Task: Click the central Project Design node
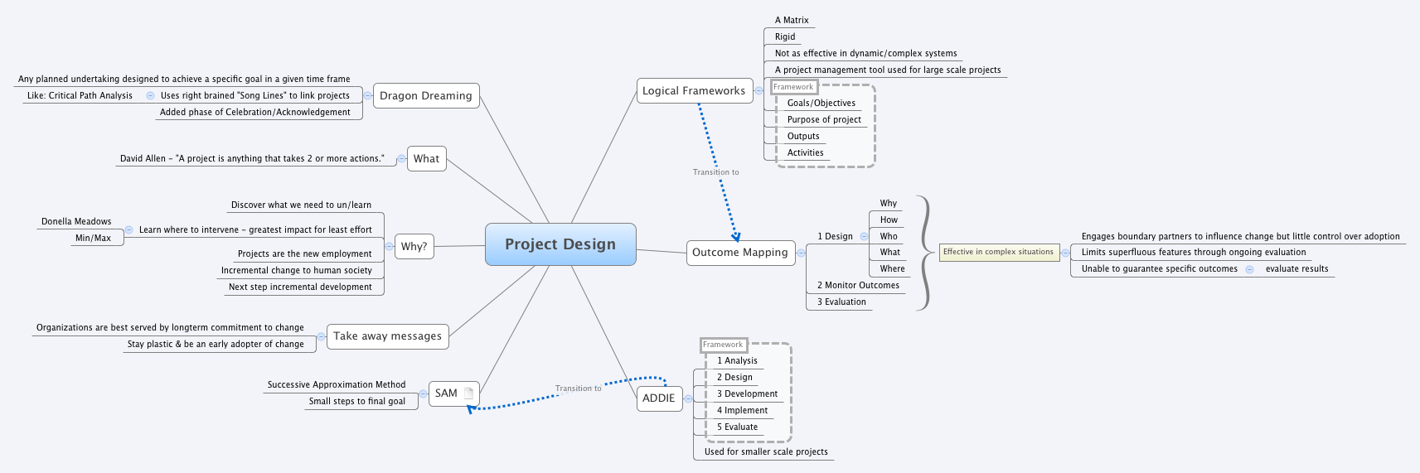coord(560,244)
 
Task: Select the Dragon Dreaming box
coord(425,95)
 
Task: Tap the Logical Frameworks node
coord(694,90)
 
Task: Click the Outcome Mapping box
coord(739,253)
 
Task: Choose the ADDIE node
coord(658,398)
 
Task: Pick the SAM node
coord(446,393)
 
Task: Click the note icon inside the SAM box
coord(468,393)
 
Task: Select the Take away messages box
coord(387,336)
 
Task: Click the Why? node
coord(414,246)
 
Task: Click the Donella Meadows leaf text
coord(76,221)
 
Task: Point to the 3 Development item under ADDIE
coord(747,393)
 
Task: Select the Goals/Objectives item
coord(821,103)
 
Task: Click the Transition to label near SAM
coord(578,388)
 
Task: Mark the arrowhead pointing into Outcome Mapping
coord(735,237)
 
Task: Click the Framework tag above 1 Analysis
coord(723,345)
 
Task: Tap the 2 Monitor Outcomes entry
coord(858,285)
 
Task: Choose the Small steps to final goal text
coord(356,401)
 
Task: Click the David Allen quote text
coord(252,158)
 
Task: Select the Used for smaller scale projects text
coord(766,451)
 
